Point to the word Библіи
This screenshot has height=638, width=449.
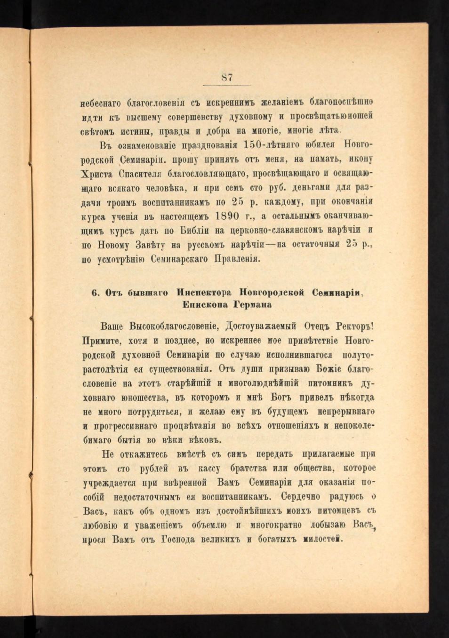[198, 231]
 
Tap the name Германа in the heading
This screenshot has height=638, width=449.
[250, 304]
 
